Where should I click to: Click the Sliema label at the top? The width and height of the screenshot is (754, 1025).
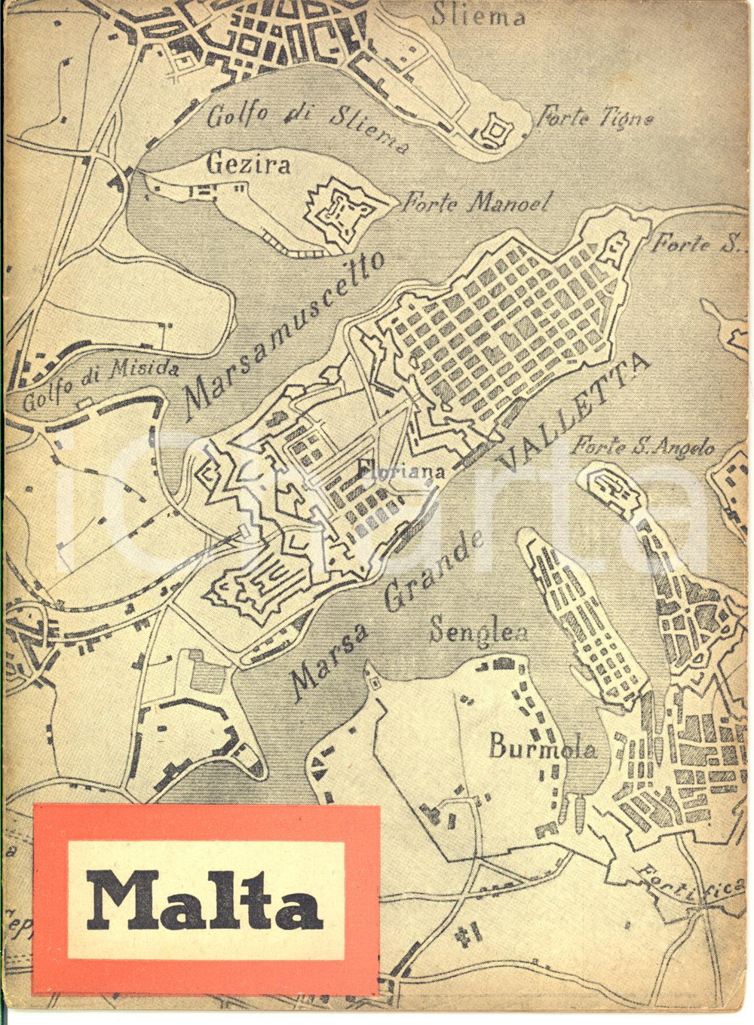pos(478,15)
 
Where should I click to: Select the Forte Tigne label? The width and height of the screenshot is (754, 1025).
pos(594,117)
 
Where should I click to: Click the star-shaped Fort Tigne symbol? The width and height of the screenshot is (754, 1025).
pos(496,130)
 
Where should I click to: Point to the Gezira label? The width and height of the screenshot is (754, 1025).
pos(249,164)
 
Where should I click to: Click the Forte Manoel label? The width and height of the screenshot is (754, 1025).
pos(477,202)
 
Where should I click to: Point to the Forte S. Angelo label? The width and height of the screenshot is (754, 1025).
pos(642,447)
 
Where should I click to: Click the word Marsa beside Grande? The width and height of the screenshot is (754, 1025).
pos(329,659)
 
